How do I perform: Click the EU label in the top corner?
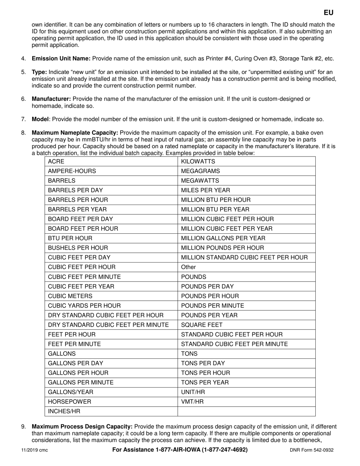click(x=329, y=13)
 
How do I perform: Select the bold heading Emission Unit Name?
click(x=61, y=59)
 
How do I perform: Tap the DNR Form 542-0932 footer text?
click(x=312, y=450)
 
